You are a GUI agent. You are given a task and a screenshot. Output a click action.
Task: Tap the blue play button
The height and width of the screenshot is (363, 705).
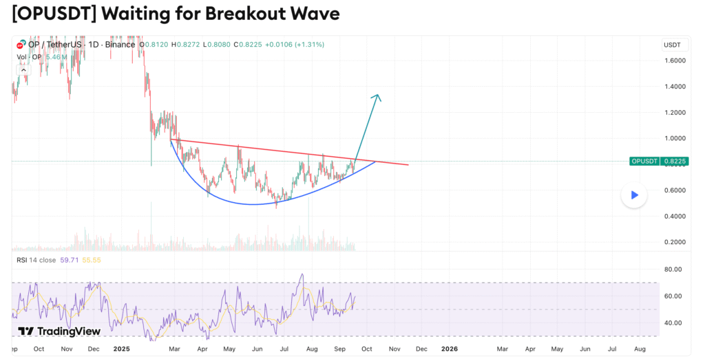[x=634, y=195]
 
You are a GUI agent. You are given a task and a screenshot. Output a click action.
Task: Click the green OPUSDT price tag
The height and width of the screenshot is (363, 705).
[x=644, y=162]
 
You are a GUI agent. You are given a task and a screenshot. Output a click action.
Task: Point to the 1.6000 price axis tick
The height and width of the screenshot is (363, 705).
[x=675, y=60]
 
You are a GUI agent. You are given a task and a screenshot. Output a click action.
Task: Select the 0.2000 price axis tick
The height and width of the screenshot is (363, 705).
[x=675, y=242]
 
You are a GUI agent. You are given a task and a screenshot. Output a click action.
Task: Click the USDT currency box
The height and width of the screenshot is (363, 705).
[x=672, y=45]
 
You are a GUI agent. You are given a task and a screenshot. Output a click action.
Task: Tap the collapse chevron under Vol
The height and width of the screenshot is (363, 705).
[x=24, y=69]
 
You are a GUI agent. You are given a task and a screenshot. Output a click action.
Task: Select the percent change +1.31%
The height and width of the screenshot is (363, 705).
[x=311, y=45]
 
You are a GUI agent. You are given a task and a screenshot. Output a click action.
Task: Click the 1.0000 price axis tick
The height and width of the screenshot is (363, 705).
[x=675, y=138]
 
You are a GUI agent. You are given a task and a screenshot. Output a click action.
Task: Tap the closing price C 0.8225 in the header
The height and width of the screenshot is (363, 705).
[x=248, y=45]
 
